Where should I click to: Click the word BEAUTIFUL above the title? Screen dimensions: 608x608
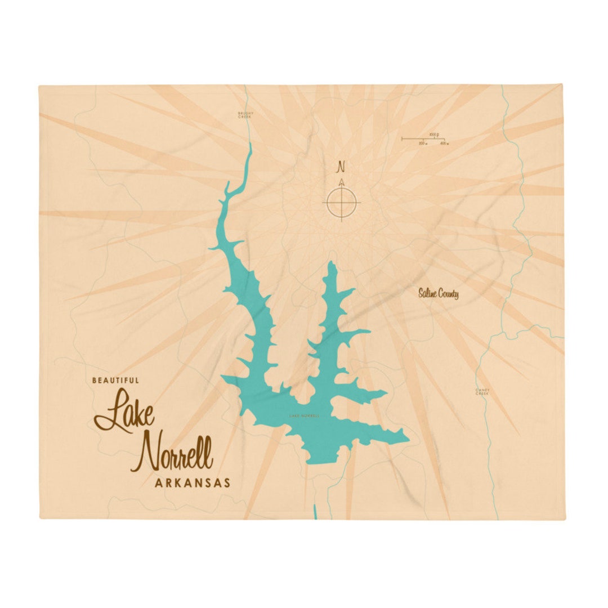[115, 381]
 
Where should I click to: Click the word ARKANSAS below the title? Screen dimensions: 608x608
[192, 482]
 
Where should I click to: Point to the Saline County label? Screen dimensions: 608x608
[438, 293]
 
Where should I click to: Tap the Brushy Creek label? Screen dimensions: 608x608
[246, 115]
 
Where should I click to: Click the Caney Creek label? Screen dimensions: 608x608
[482, 391]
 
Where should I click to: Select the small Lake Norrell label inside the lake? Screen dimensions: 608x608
[303, 416]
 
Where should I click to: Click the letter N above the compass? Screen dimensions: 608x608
[341, 167]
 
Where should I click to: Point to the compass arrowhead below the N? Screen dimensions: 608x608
[341, 182]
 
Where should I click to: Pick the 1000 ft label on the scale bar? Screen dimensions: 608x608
[433, 134]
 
